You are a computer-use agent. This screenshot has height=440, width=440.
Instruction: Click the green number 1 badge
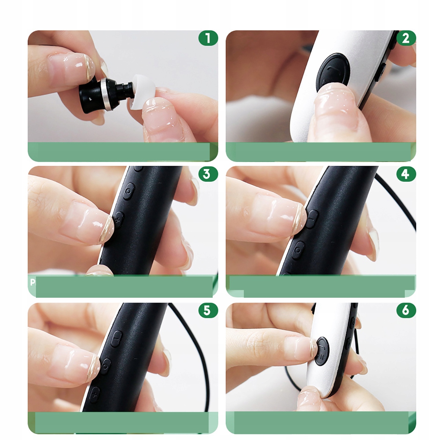(208, 38)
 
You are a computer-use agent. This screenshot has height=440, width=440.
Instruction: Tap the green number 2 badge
(406, 38)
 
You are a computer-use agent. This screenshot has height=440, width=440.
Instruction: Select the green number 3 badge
(208, 174)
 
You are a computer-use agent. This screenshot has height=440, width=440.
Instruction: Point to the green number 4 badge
(406, 174)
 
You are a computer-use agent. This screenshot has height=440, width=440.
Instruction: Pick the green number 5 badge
(208, 310)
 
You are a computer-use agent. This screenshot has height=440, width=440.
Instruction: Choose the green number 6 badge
(406, 310)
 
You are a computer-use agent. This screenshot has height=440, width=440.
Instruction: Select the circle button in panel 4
(298, 250)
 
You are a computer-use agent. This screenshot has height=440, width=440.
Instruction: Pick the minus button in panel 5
(117, 339)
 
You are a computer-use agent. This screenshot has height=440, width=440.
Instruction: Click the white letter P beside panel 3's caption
(32, 282)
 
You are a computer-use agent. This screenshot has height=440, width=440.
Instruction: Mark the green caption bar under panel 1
(123, 151)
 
